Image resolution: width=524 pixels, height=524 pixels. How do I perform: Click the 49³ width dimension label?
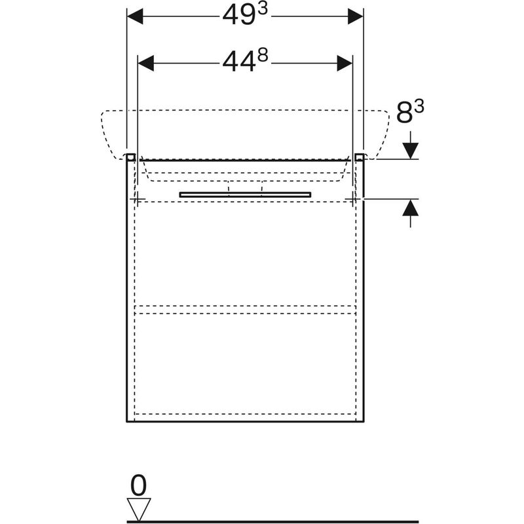pyautogui.click(x=245, y=15)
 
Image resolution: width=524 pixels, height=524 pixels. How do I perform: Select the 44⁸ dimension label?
pyautogui.click(x=245, y=62)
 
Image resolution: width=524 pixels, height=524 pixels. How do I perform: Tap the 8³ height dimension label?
pyautogui.click(x=410, y=112)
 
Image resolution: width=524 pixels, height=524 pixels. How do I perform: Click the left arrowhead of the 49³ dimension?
pyautogui.click(x=135, y=16)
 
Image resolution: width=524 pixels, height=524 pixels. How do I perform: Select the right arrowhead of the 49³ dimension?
pyautogui.click(x=355, y=16)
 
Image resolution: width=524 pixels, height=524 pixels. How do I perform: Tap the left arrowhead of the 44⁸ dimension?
pyautogui.click(x=145, y=63)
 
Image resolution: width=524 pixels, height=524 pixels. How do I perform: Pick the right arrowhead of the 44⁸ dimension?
pyautogui.click(x=345, y=63)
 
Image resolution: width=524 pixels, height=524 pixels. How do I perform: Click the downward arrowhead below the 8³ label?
pyautogui.click(x=411, y=151)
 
